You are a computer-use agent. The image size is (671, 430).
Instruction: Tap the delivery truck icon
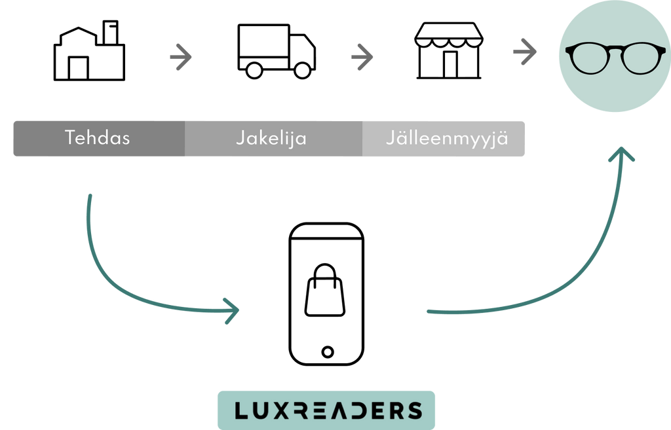coord(277,51)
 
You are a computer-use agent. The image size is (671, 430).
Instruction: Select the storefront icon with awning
coord(448,50)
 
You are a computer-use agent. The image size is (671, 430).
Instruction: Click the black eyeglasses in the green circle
coord(615,58)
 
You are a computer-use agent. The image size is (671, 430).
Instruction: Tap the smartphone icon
coord(326,294)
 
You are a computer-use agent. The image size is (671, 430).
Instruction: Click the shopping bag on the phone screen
coord(325,290)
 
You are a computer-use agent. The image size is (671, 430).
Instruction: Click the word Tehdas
coord(97,137)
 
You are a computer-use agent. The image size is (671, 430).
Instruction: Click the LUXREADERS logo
coord(328,410)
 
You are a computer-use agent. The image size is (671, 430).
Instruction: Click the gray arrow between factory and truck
coord(181,57)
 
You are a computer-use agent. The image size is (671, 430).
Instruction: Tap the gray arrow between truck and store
coord(362,57)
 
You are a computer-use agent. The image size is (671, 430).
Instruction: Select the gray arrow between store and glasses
coord(525,52)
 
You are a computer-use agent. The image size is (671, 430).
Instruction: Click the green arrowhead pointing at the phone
coord(233,311)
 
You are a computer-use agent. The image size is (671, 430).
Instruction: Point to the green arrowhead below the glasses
coord(621,154)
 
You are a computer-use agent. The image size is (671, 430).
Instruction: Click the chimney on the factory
coord(110,33)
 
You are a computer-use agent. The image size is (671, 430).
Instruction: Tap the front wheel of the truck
coord(303,71)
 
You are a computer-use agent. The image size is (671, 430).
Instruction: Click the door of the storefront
coord(450,65)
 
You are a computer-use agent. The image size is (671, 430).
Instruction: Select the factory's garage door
coord(79,68)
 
